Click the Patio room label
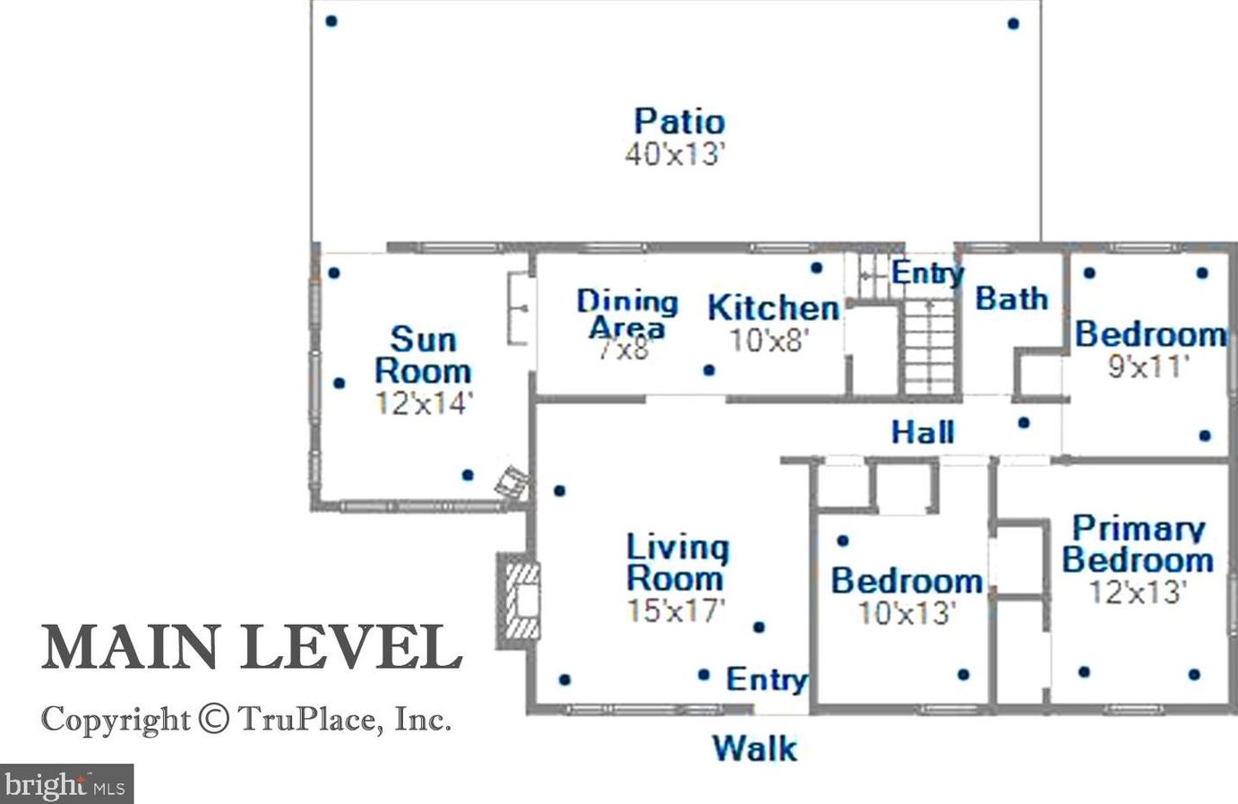click(x=679, y=122)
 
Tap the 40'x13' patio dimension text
click(x=674, y=154)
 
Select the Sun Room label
click(x=423, y=355)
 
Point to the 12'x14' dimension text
click(x=423, y=403)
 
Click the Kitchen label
click(x=773, y=308)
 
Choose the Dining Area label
click(x=627, y=314)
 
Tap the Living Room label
click(x=676, y=562)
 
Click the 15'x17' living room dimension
click(x=675, y=611)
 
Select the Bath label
click(x=1011, y=298)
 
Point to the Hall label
click(x=923, y=433)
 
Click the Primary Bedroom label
click(x=1138, y=544)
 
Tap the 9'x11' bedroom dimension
click(x=1148, y=367)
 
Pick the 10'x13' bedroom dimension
click(x=907, y=613)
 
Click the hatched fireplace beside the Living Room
click(x=520, y=600)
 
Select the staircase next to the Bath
click(x=928, y=347)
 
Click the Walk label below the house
click(x=754, y=748)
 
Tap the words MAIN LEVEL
click(x=252, y=647)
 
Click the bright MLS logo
click(x=67, y=784)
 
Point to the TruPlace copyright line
click(x=246, y=719)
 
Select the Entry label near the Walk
click(x=766, y=679)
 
